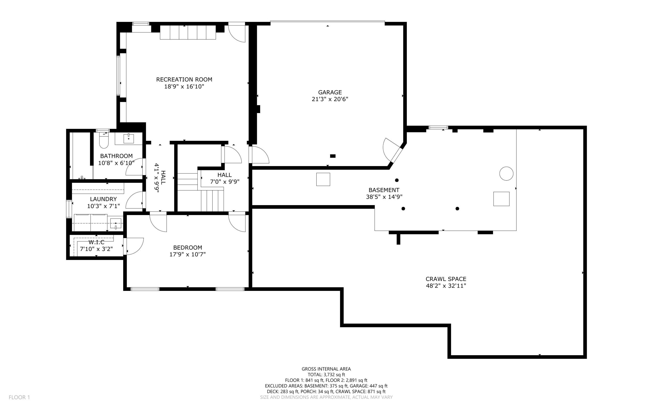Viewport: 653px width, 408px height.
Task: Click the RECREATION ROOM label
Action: [184, 79]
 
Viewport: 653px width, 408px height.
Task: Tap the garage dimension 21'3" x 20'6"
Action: [330, 99]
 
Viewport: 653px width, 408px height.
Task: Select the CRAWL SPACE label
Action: [446, 279]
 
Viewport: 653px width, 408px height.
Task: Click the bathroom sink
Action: [129, 139]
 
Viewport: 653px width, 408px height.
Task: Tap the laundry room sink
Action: [116, 224]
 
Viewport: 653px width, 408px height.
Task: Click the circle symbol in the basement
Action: [506, 174]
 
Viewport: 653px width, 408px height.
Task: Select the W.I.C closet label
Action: [96, 242]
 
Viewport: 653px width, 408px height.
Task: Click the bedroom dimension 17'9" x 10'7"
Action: [187, 254]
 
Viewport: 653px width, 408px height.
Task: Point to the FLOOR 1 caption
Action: [19, 397]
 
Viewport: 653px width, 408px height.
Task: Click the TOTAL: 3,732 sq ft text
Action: [326, 375]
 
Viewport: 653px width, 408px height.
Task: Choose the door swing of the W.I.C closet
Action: [134, 246]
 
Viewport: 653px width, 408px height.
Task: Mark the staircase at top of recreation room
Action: [188, 32]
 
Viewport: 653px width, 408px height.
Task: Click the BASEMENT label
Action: [384, 190]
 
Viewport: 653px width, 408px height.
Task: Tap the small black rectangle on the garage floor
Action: [333, 156]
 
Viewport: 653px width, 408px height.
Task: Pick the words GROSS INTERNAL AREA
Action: [326, 369]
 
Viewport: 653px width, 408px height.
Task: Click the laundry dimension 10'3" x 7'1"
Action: [103, 206]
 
